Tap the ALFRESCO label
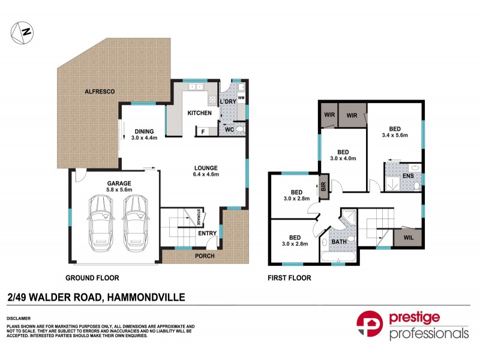(99, 91)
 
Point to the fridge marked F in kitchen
(203, 131)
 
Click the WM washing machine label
(241, 97)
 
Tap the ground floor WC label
(229, 129)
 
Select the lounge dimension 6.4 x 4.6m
(206, 175)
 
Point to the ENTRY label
(207, 233)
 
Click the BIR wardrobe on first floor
(323, 186)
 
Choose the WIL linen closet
(408, 238)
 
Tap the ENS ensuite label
(408, 175)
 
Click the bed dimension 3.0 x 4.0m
(343, 159)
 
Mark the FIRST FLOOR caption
(289, 278)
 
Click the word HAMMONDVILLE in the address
(146, 297)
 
